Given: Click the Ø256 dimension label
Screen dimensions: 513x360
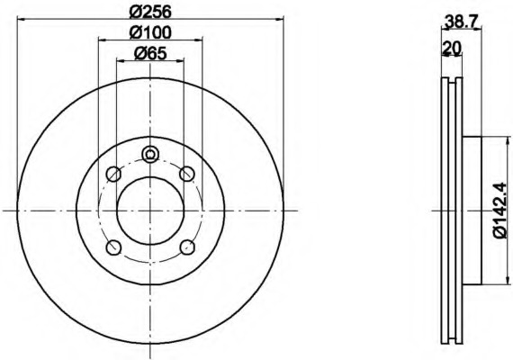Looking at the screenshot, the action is [x=150, y=12].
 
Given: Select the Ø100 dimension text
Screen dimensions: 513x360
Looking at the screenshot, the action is [x=150, y=32].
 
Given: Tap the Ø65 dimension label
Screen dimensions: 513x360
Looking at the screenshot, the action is [x=150, y=53].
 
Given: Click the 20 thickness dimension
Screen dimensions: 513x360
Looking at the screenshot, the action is [x=452, y=48].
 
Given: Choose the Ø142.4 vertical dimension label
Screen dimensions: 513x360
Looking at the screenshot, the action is [x=501, y=211].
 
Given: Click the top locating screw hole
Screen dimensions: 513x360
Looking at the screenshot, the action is [x=150, y=154].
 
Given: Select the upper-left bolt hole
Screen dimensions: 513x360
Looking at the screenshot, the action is [x=113, y=174].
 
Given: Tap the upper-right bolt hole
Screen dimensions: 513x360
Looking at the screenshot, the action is [x=187, y=174].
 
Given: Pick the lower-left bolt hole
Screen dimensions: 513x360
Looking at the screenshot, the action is [x=113, y=247].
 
